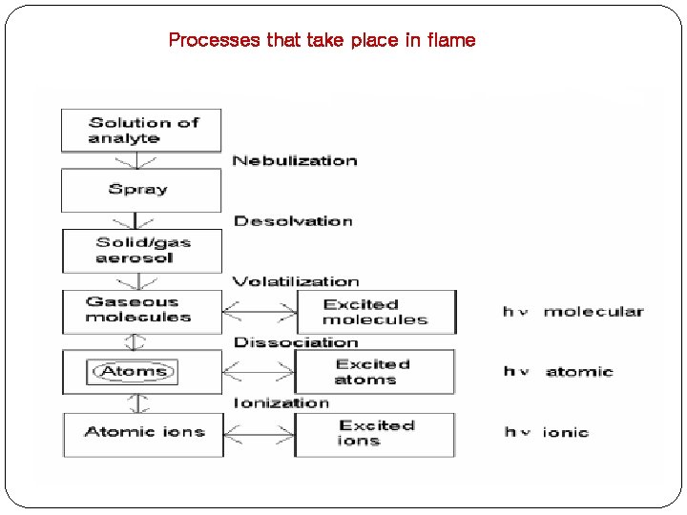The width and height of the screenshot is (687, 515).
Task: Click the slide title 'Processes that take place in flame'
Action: (321, 40)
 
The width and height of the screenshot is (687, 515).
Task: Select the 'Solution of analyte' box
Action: (141, 130)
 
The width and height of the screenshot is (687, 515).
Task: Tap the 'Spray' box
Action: (141, 190)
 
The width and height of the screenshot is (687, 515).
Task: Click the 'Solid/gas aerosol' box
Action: (141, 250)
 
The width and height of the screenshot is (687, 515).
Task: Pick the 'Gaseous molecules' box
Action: (141, 310)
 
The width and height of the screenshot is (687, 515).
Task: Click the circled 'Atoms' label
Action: (134, 371)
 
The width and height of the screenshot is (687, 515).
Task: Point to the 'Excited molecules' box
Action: (375, 312)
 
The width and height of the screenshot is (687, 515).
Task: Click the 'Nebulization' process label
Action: (295, 160)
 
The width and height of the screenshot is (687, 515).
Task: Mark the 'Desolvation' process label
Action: (293, 221)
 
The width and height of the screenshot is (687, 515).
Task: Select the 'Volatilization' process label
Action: (296, 281)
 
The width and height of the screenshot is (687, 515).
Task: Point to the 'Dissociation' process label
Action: (296, 342)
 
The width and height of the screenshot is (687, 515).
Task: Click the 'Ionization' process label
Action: (281, 402)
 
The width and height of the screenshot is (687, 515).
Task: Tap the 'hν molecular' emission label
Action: (573, 312)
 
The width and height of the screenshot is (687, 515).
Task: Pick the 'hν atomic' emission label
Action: (558, 372)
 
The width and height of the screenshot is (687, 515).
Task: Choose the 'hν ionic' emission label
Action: (547, 433)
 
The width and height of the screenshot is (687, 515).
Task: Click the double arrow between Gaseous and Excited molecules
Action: (260, 310)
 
